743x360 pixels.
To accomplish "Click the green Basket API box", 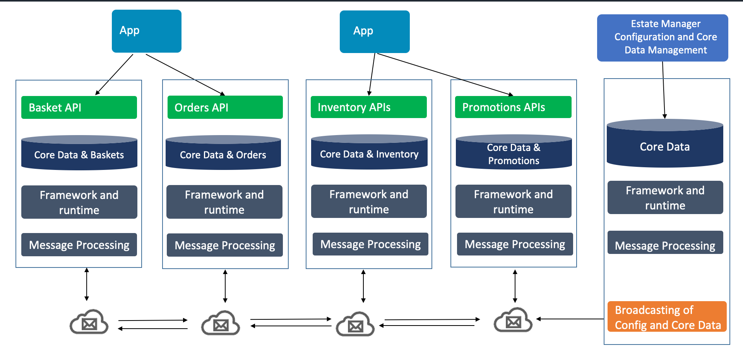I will point(79,107).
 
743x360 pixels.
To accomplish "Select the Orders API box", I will point(225,107).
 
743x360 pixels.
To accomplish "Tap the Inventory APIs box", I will point(368,107).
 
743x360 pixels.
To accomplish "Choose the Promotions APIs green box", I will point(513,107).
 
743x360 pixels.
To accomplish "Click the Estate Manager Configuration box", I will point(663,38).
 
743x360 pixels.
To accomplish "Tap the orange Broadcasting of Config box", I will point(667,317).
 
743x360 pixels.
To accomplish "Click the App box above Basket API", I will point(147,31).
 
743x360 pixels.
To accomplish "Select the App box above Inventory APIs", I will point(375,32).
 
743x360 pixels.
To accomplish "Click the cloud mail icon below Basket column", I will point(89,322).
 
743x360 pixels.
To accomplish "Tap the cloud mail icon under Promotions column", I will point(513,320).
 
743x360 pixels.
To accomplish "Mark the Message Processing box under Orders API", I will point(224,245).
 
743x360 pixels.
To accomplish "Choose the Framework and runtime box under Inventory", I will point(369,201).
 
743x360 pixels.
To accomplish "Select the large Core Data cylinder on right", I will point(664,145).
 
